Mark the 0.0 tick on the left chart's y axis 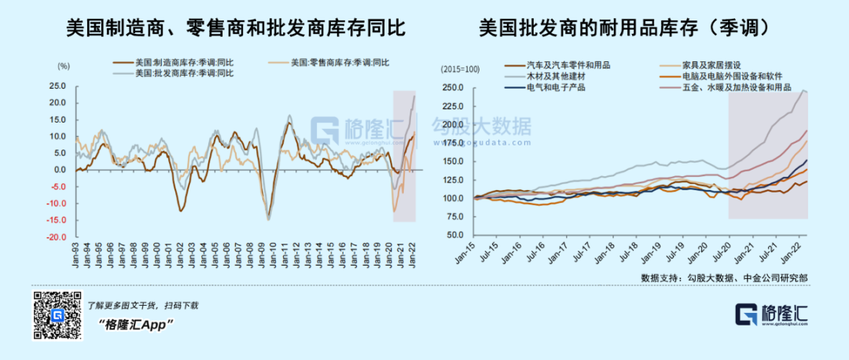point(61,170)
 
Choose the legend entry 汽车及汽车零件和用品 point(567,65)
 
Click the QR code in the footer point(57,315)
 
